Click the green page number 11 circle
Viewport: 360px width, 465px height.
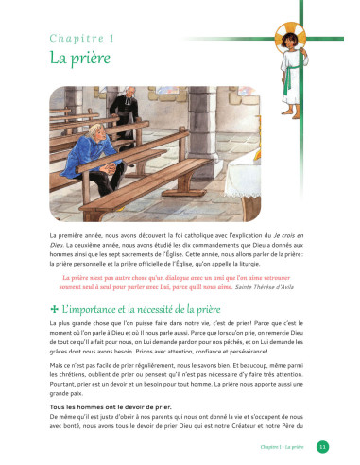(x=321, y=446)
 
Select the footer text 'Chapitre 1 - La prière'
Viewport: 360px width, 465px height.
(x=284, y=446)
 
